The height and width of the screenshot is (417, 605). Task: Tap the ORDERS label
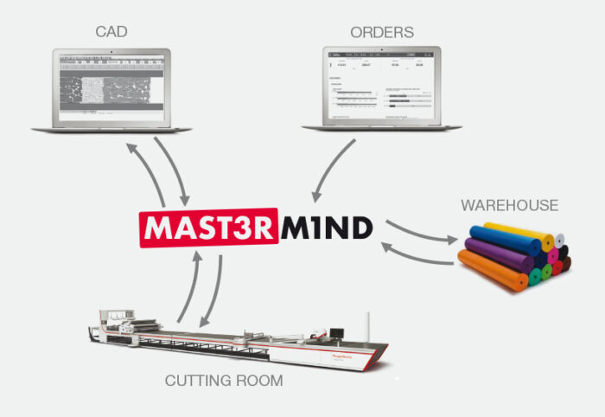382,33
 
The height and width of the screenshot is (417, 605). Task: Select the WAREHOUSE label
509,205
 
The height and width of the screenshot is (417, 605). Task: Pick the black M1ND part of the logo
328,228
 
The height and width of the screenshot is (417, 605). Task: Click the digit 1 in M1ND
311,228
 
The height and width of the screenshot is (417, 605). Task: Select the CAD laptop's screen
111,87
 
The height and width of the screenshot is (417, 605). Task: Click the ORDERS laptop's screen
383,87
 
